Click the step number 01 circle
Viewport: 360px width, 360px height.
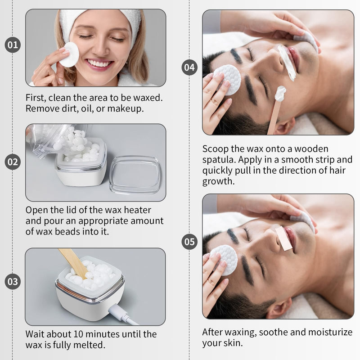point(13,45)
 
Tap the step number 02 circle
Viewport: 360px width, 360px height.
point(13,162)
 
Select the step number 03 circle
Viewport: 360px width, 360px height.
point(13,282)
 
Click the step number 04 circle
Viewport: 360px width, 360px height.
point(189,67)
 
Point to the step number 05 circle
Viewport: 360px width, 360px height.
point(189,242)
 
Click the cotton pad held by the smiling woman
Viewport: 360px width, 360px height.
point(69,54)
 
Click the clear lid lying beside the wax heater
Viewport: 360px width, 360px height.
point(135,175)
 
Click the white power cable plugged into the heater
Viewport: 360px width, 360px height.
point(123,314)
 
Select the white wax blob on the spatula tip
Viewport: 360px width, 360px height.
point(280,93)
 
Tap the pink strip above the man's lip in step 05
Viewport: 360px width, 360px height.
point(284,238)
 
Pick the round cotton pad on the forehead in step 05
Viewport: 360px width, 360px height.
point(224,260)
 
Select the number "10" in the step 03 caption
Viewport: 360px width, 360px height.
point(78,334)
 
